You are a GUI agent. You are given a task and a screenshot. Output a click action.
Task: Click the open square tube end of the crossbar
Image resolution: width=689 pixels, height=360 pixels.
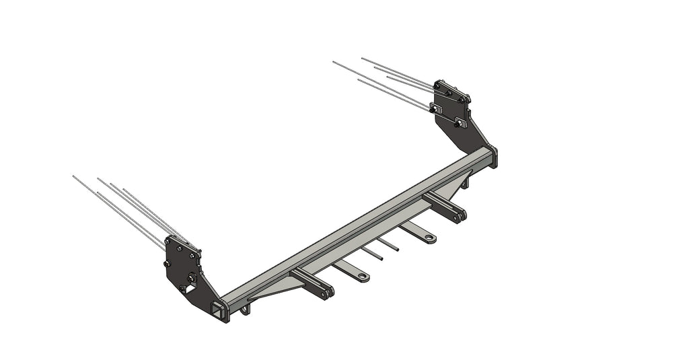coord(219,309)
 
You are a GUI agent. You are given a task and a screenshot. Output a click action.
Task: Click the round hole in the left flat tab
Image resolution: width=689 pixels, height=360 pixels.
coord(363,277)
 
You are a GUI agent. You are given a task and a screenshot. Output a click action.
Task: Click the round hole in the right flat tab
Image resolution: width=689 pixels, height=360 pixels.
coord(429,238)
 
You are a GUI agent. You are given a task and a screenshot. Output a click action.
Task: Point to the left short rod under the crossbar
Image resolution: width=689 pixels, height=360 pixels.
coord(372,254)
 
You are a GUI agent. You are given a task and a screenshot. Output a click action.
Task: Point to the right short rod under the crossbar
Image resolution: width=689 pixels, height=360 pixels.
coord(388,244)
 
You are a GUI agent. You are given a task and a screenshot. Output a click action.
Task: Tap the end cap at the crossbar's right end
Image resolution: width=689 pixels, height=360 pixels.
coord(495,156)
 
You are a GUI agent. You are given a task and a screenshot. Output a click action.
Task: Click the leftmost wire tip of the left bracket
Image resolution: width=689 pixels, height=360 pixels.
coord(73,176)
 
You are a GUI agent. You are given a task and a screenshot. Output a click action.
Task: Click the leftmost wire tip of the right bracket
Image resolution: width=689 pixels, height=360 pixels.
coord(334,62)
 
